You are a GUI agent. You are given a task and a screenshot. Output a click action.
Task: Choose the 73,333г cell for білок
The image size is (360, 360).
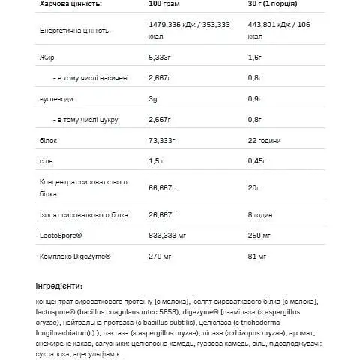pyautogui.click(x=158, y=139)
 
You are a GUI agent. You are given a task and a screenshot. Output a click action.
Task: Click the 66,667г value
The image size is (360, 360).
pyautogui.click(x=158, y=186)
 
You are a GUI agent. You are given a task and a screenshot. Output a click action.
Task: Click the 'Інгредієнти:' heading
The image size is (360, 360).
pyautogui.click(x=59, y=286)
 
